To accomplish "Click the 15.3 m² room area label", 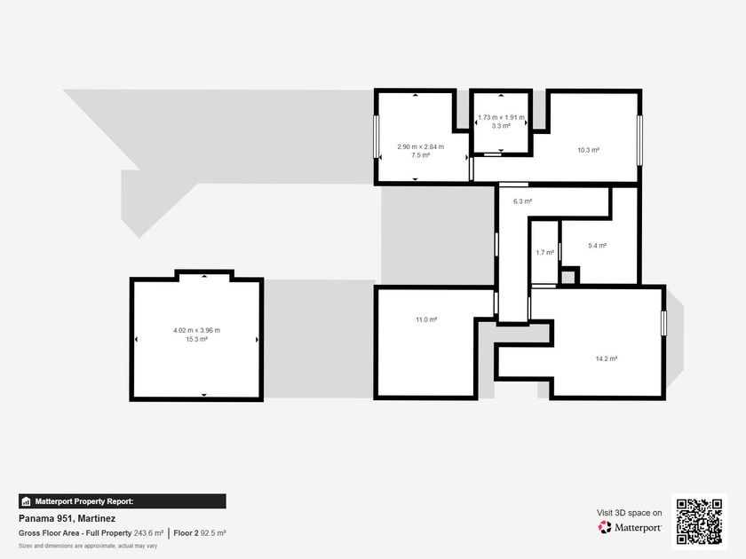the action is tap(196, 339).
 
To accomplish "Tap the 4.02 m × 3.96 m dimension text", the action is tap(196, 330).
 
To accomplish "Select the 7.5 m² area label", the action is tap(421, 155).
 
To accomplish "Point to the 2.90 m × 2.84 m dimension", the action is tap(421, 147).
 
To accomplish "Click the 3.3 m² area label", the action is tap(501, 126).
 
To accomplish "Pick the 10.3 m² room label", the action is tap(589, 150).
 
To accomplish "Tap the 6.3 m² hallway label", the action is tap(522, 201).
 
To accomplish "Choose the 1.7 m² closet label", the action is tap(544, 253).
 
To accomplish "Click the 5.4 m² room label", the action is tap(597, 246).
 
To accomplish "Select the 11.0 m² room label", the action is tap(426, 320).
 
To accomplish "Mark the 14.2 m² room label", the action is tap(606, 358).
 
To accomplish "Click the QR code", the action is tap(699, 522).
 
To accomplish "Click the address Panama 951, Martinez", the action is tap(67, 518).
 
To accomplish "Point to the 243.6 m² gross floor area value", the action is tap(148, 533).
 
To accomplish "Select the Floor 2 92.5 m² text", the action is tap(199, 533).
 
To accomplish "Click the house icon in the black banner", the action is tap(26, 501).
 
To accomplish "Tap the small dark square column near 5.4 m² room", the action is tap(568, 277).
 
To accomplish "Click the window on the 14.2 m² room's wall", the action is tap(663, 323).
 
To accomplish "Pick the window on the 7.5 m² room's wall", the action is tap(377, 137).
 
